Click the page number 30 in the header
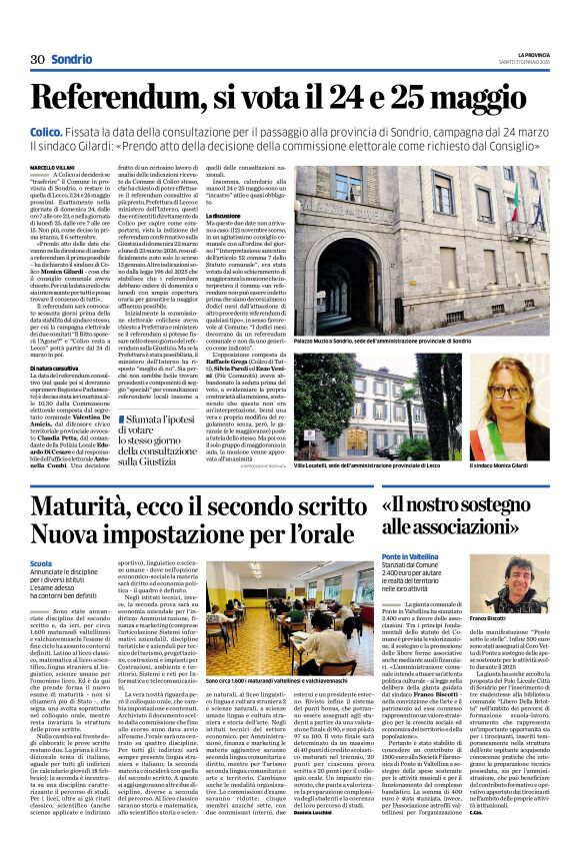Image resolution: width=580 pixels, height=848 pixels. point(37,59)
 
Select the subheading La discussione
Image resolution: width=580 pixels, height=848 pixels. point(226,215)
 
